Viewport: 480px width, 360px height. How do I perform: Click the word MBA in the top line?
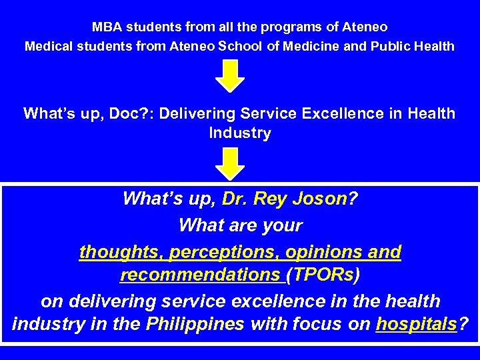click(105, 28)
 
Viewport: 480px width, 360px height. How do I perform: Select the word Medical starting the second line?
click(48, 47)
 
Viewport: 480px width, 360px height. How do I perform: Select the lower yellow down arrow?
click(229, 162)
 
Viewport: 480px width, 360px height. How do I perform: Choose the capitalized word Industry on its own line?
click(240, 133)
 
